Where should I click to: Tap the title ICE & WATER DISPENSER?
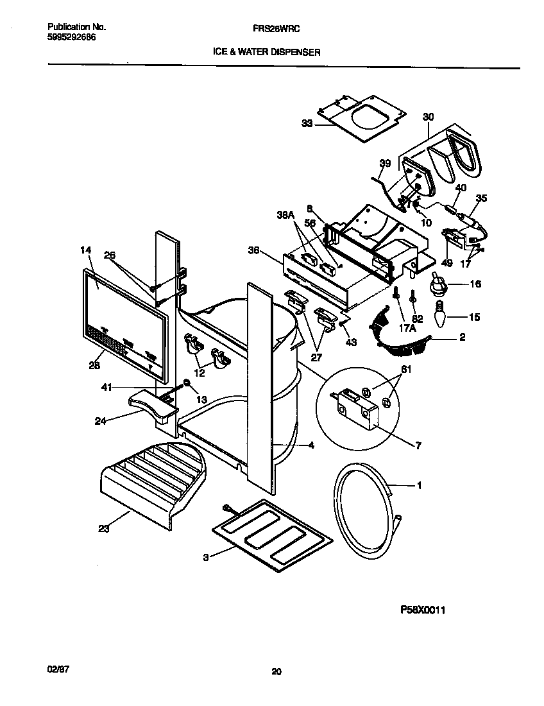266,52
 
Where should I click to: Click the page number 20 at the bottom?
276,672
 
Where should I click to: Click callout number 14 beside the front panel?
86,251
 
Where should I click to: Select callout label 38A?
285,217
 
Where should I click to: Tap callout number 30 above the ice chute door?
428,117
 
